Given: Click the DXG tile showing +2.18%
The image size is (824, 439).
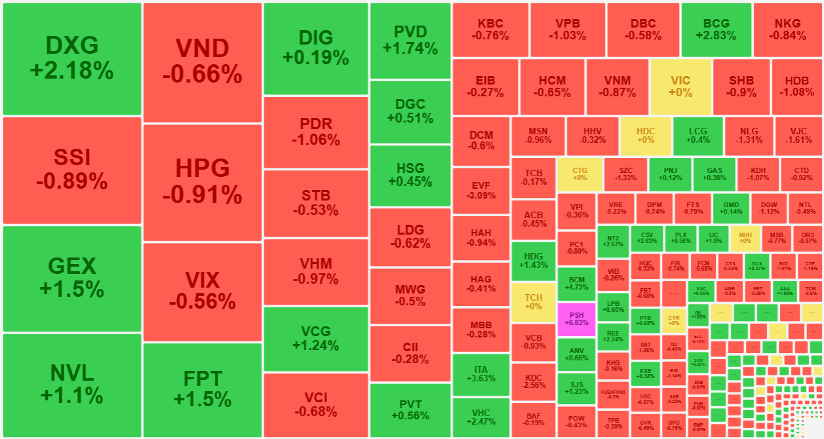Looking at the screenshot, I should (x=72, y=58).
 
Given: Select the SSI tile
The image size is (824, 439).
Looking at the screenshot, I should (x=72, y=170).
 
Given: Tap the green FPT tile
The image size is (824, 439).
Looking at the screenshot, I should (x=203, y=389).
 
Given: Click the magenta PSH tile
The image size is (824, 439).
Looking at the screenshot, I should (x=576, y=318).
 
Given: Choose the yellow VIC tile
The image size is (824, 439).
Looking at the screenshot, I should (x=680, y=86).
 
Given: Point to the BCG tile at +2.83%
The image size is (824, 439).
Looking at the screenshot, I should (x=716, y=29).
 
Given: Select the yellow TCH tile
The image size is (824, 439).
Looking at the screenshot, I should (x=534, y=302).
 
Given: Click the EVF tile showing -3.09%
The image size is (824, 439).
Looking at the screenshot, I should (x=481, y=190).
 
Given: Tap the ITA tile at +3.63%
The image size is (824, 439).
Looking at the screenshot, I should (x=481, y=373).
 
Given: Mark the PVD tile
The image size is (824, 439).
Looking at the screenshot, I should (x=410, y=40).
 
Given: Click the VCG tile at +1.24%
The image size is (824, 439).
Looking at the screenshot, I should (x=315, y=338).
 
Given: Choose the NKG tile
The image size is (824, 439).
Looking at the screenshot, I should (x=787, y=29).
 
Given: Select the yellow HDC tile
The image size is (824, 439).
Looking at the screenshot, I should (x=646, y=135).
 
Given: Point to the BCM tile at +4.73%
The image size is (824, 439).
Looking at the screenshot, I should (x=576, y=283).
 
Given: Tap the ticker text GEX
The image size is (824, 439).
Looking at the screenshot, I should (x=72, y=266).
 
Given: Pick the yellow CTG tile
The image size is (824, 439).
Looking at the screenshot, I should (x=579, y=174).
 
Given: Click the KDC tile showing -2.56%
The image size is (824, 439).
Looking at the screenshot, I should (x=534, y=381).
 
